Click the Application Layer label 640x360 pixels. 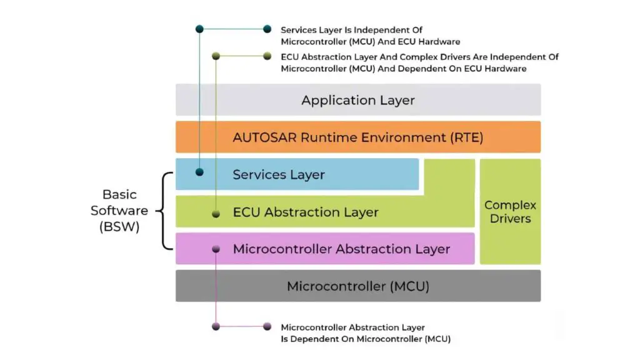[x=357, y=100]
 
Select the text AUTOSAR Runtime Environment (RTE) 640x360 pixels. [x=357, y=137]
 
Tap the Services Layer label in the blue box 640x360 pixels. [x=279, y=174]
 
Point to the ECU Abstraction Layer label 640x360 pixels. [x=306, y=212]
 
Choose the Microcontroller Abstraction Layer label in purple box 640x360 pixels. [x=341, y=249]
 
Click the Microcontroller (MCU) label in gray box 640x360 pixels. [x=357, y=286]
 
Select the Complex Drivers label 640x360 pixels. [x=510, y=212]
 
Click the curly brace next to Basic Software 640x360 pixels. [x=166, y=211]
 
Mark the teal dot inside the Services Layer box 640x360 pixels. [x=199, y=171]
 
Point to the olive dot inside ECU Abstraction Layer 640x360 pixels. [x=216, y=214]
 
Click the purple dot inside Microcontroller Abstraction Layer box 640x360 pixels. [x=216, y=249]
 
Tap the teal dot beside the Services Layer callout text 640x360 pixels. [x=267, y=29]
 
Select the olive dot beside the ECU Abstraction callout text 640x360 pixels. [x=267, y=56]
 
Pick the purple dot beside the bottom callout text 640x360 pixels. [x=267, y=326]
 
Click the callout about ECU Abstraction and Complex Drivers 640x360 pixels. [x=419, y=62]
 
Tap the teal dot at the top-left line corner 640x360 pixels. [x=199, y=29]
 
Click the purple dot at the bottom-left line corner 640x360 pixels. [x=216, y=326]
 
